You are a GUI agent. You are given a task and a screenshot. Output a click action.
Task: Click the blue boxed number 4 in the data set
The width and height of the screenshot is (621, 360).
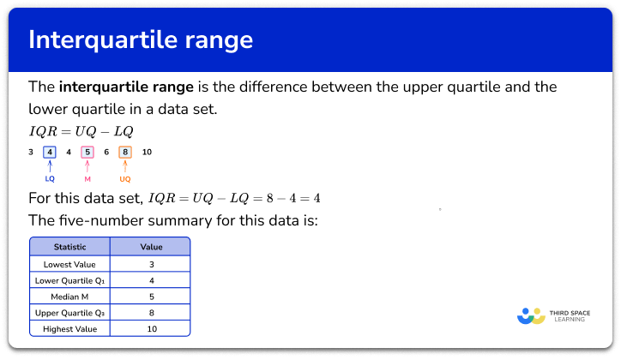(50, 152)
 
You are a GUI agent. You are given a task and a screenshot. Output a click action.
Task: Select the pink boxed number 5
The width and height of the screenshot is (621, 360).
(87, 152)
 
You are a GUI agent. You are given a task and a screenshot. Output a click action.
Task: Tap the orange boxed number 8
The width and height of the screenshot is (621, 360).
(125, 152)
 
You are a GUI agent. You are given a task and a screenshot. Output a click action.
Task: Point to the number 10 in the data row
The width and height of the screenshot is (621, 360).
(147, 152)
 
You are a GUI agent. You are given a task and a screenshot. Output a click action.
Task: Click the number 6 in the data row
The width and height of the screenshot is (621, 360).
(106, 152)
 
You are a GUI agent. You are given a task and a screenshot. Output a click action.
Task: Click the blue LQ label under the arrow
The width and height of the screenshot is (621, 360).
(50, 179)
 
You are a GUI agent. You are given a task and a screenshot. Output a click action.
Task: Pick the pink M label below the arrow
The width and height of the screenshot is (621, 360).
(87, 179)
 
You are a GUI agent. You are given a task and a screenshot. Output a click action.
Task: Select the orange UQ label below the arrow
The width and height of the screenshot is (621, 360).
(125, 179)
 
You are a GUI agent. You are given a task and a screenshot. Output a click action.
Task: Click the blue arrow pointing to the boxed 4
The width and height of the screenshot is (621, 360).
(50, 166)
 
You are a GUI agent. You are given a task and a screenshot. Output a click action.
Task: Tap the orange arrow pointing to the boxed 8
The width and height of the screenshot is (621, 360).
(125, 166)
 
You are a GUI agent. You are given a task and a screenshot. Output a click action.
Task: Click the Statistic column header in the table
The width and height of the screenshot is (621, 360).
(69, 247)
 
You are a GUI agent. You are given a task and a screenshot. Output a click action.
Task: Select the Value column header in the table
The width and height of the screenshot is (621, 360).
(150, 247)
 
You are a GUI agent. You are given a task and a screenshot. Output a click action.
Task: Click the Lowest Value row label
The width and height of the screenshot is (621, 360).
(69, 264)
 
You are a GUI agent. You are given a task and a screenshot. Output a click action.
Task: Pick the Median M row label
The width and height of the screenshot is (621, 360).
(69, 297)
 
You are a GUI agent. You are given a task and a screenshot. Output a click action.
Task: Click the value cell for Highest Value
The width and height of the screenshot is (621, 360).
(150, 329)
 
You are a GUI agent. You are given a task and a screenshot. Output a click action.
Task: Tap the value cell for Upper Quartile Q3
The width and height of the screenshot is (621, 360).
(150, 313)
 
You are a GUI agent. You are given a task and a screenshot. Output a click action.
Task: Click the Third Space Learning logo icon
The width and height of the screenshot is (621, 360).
(532, 315)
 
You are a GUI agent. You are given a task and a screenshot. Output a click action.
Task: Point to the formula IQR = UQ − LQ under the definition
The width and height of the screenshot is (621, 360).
(81, 130)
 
